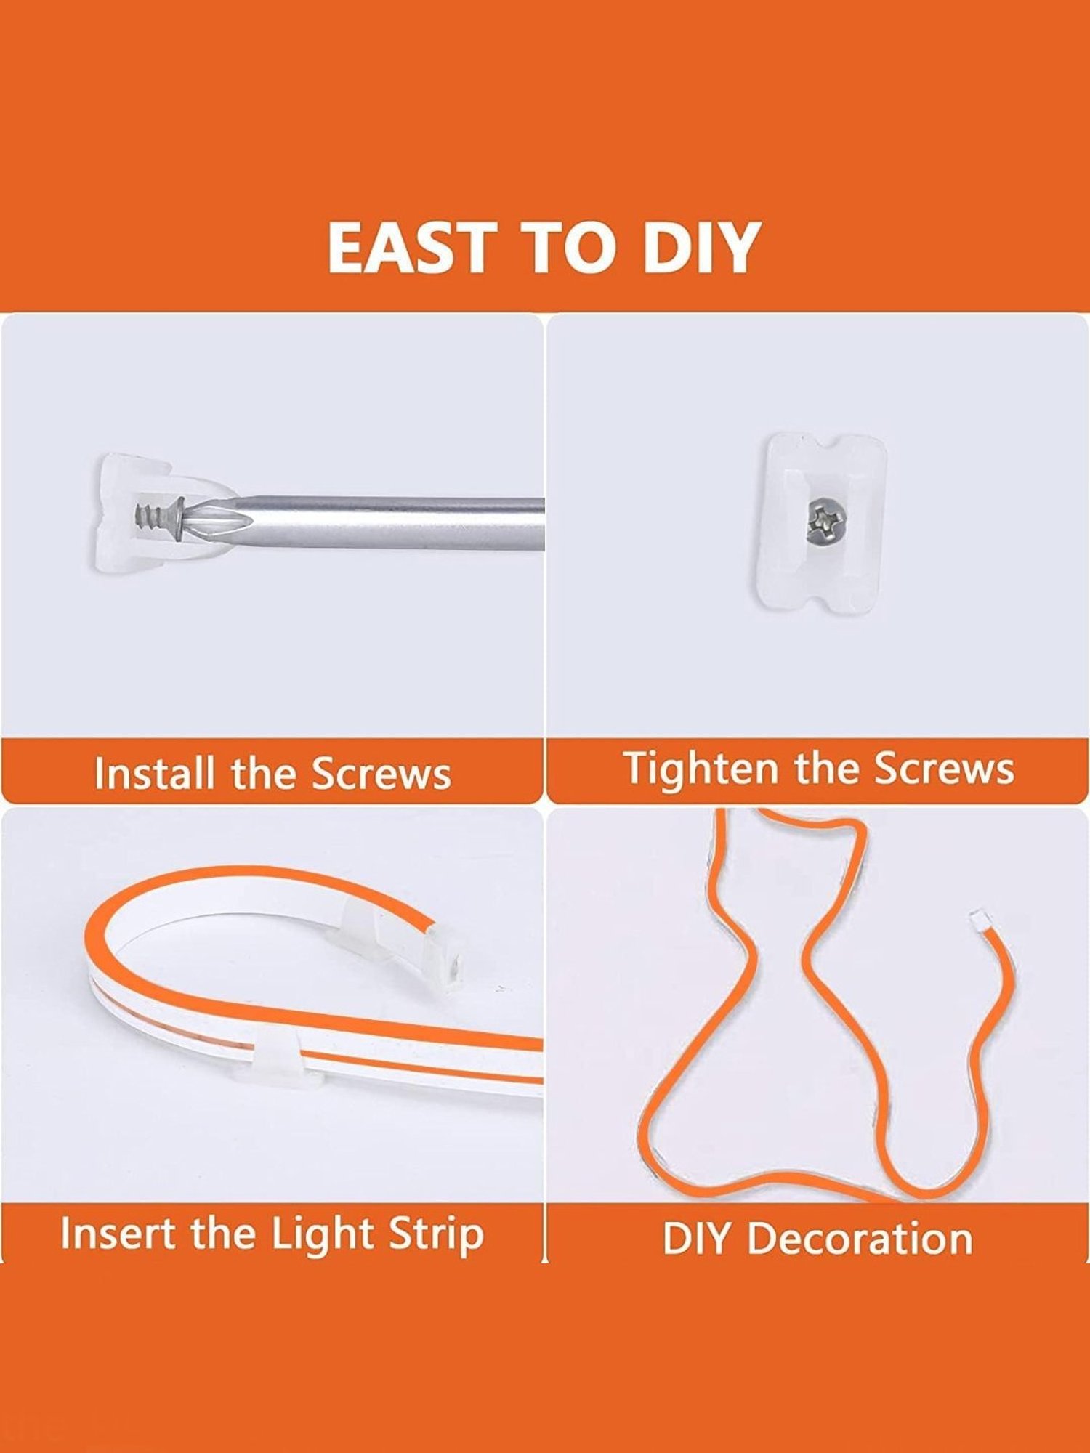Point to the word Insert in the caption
pos(116,1234)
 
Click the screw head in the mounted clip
pos(826,520)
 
